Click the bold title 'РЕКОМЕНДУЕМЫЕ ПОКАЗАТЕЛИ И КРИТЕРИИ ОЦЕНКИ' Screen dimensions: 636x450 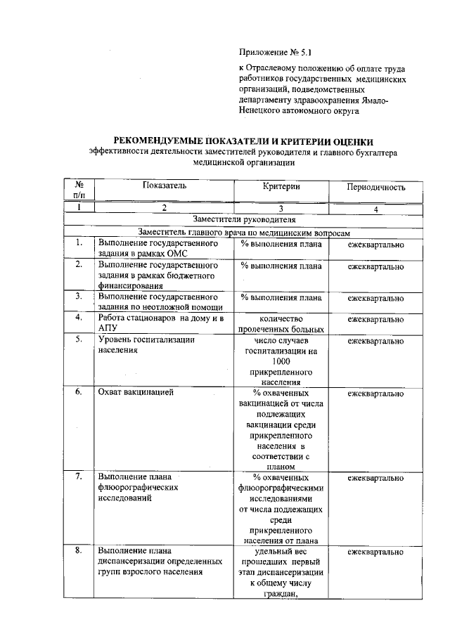243,142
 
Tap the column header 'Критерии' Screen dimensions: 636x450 281,186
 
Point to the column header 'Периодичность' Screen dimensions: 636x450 376,188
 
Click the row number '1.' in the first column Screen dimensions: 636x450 79,243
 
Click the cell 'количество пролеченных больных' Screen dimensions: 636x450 281,324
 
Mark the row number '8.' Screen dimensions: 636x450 79,550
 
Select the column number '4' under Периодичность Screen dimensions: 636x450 376,209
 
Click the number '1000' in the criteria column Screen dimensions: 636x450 281,361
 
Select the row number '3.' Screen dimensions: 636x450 79,296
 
